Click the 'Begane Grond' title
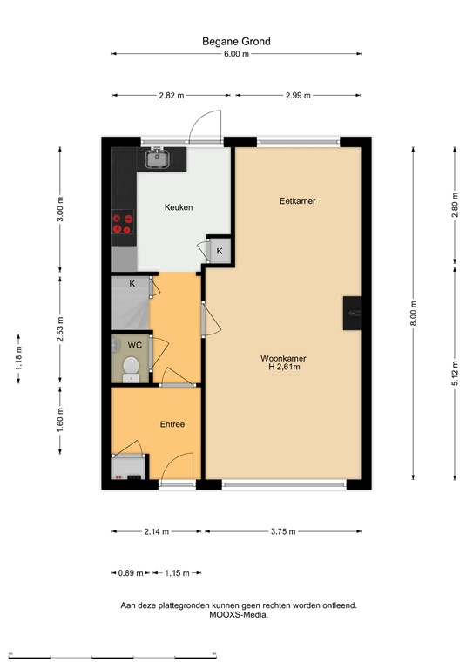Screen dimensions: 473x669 (236, 42)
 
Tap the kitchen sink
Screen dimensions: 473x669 (158, 159)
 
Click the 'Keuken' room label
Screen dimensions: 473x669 (179, 207)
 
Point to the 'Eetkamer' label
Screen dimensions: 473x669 (298, 201)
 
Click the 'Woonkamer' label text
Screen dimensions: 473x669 (284, 358)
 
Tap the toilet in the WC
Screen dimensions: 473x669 (131, 369)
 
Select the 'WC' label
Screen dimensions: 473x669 (134, 345)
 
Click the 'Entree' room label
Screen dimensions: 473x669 (172, 424)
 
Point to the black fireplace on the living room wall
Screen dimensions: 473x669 (352, 314)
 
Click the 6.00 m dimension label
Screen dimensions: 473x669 (236, 54)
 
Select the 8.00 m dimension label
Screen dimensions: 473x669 (413, 314)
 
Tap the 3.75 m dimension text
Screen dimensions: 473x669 (283, 531)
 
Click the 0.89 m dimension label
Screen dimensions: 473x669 (131, 573)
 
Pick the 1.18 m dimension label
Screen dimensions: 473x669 (19, 358)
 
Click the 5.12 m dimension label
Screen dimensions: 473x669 (455, 374)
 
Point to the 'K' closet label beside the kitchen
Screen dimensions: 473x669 (220, 251)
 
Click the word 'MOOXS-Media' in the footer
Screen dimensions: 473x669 (239, 615)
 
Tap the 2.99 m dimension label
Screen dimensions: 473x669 (298, 96)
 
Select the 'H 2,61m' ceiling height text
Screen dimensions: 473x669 (285, 367)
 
